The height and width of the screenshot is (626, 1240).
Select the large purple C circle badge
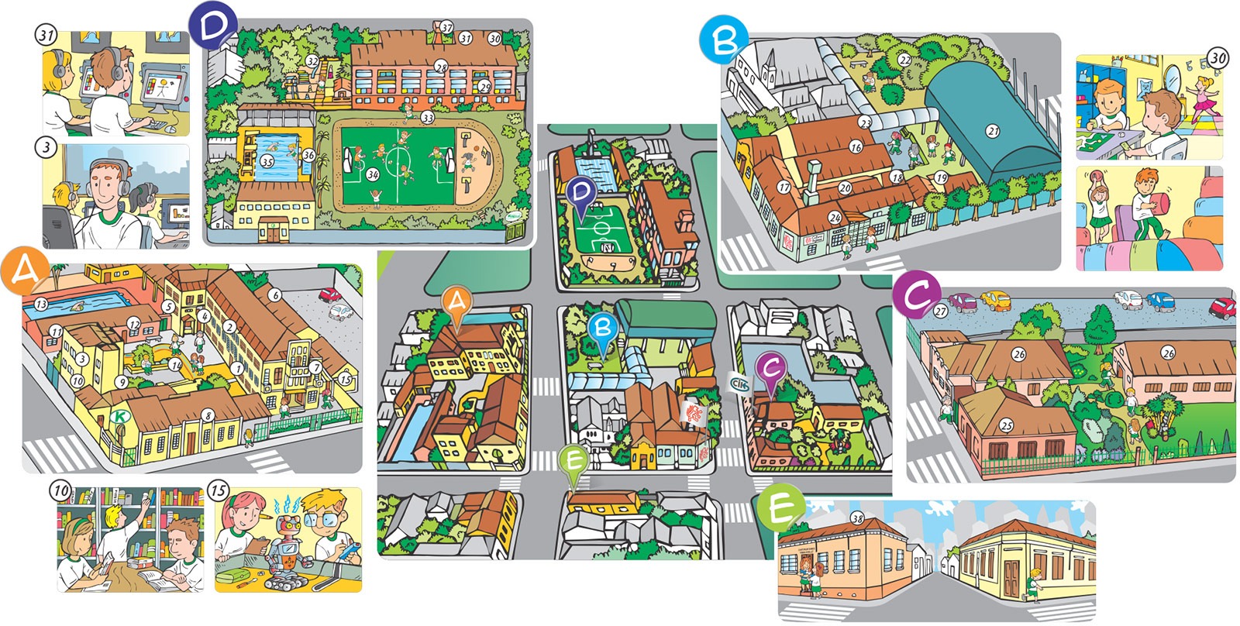tap(916, 295)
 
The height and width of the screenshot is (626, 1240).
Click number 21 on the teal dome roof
tap(993, 131)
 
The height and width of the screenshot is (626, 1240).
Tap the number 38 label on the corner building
tap(857, 518)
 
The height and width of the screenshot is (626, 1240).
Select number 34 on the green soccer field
tap(373, 175)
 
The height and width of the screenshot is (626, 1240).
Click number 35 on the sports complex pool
tap(267, 162)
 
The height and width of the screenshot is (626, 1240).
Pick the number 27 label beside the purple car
tap(941, 311)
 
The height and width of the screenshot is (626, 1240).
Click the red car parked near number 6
tap(330, 295)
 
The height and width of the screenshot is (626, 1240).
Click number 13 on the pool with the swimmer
tap(40, 304)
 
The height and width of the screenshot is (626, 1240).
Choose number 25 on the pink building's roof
tap(1007, 425)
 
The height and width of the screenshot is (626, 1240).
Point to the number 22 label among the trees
tap(904, 60)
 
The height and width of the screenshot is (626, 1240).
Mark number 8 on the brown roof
tap(208, 416)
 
